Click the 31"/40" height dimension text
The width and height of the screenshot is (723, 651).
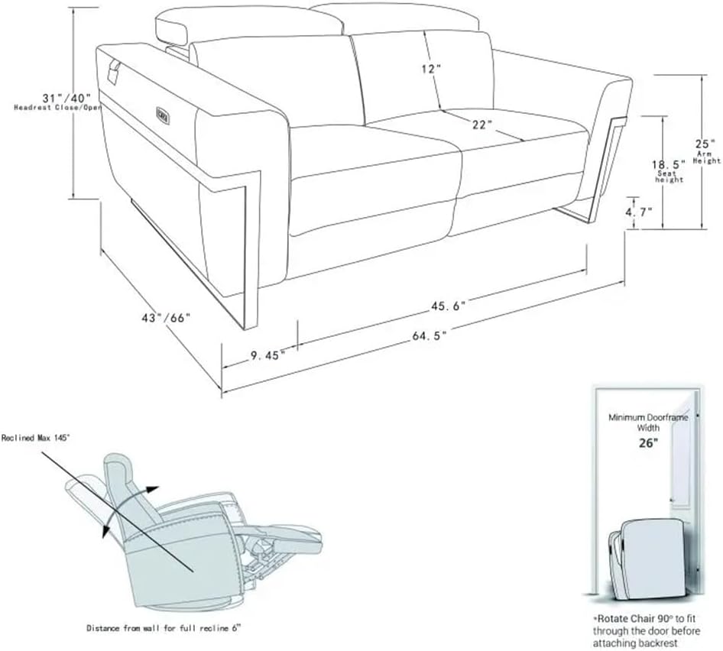66,99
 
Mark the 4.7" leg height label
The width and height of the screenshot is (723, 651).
639,213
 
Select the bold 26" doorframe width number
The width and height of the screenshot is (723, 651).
648,443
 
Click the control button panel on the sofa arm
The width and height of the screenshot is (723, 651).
164,112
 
